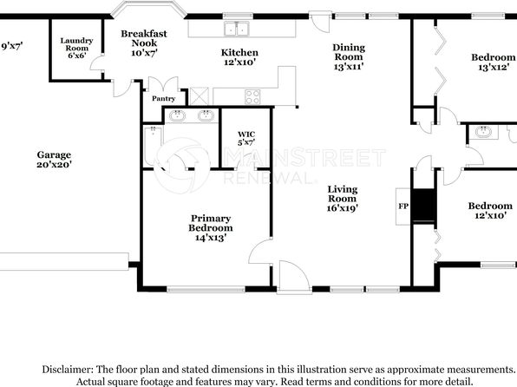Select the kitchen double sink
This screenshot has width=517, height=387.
235,30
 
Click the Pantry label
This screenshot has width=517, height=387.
163,99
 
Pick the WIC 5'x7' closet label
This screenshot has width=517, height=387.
245,137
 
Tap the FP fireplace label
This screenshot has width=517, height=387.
402,207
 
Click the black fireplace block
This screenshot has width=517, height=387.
423,206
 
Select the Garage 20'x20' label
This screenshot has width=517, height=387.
54,159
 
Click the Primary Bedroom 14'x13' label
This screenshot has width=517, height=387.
211,227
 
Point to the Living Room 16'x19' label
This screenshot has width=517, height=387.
343,198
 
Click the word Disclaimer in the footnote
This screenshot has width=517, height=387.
66,369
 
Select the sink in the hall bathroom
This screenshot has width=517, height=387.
481,133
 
